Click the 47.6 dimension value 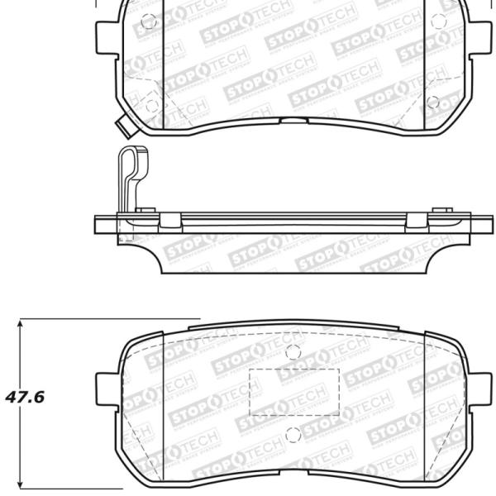point(25,397)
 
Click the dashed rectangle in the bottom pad point(294,391)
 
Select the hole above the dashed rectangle point(290,351)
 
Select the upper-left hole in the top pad point(149,22)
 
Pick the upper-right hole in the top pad point(432,21)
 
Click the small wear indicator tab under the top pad point(124,129)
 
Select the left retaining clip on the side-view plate point(169,220)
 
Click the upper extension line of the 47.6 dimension point(107,318)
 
